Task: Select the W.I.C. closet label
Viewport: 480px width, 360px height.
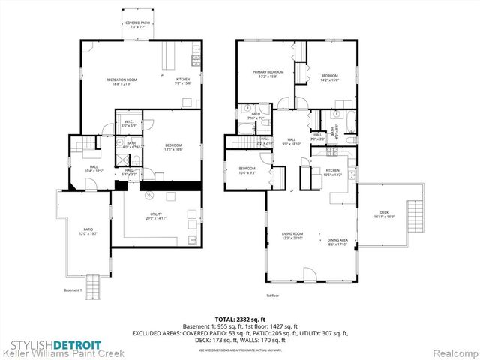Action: (128, 123)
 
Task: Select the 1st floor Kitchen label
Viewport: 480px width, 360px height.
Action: (333, 172)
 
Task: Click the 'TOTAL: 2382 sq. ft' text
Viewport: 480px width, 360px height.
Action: (239, 319)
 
